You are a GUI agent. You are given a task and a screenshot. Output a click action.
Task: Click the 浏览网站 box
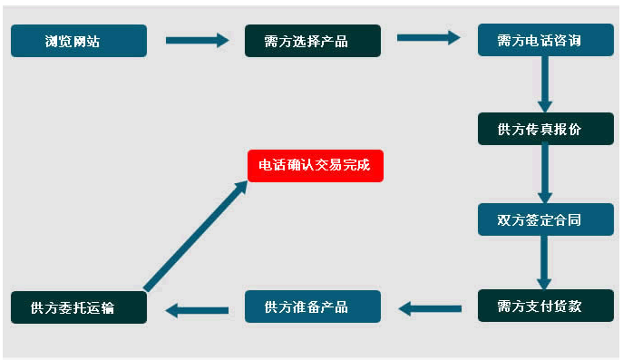[78, 41]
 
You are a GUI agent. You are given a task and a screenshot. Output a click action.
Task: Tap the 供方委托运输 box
[78, 307]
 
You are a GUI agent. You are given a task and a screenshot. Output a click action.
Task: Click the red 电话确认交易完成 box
[315, 166]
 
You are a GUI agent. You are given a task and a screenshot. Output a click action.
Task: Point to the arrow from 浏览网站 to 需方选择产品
[196, 40]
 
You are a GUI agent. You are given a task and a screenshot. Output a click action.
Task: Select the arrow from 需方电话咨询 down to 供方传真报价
[545, 83]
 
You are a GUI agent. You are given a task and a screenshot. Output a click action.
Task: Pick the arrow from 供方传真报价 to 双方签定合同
[545, 172]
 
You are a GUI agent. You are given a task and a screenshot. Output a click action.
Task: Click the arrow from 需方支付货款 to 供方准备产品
[428, 308]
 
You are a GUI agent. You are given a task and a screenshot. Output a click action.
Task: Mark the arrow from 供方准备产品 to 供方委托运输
[196, 310]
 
